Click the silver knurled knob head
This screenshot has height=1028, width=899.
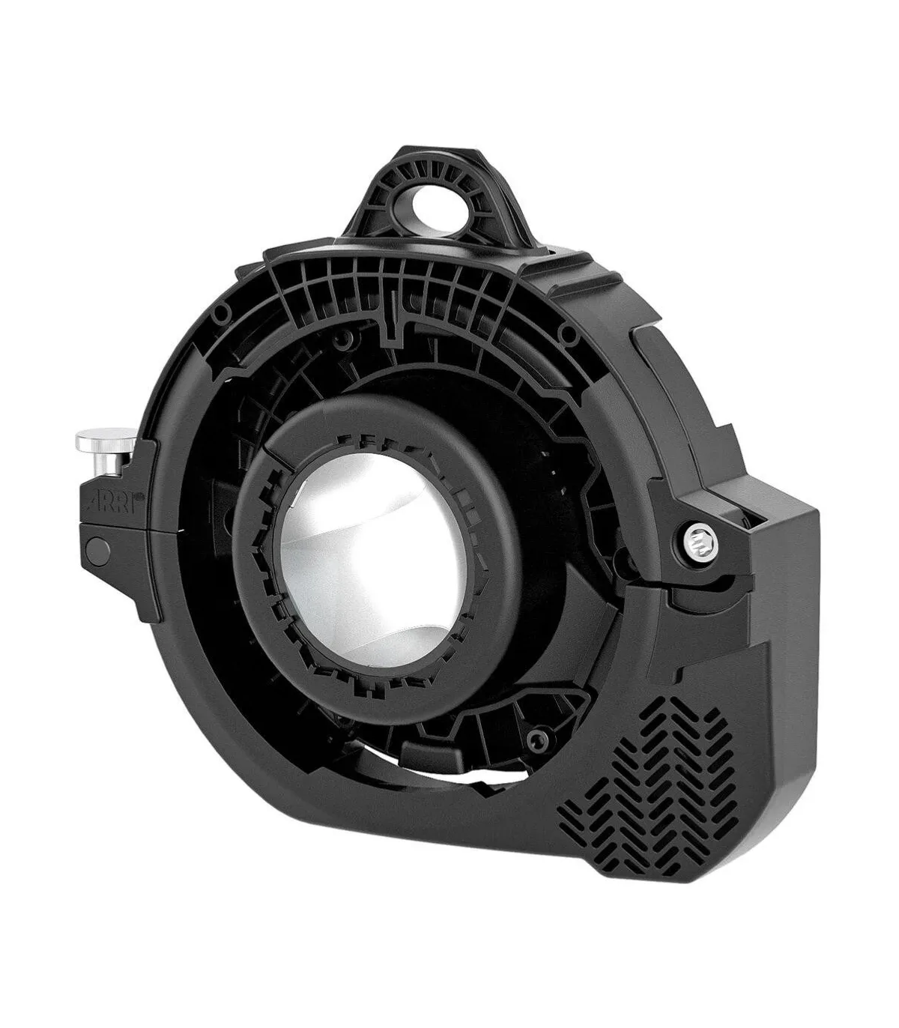click(103, 441)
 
